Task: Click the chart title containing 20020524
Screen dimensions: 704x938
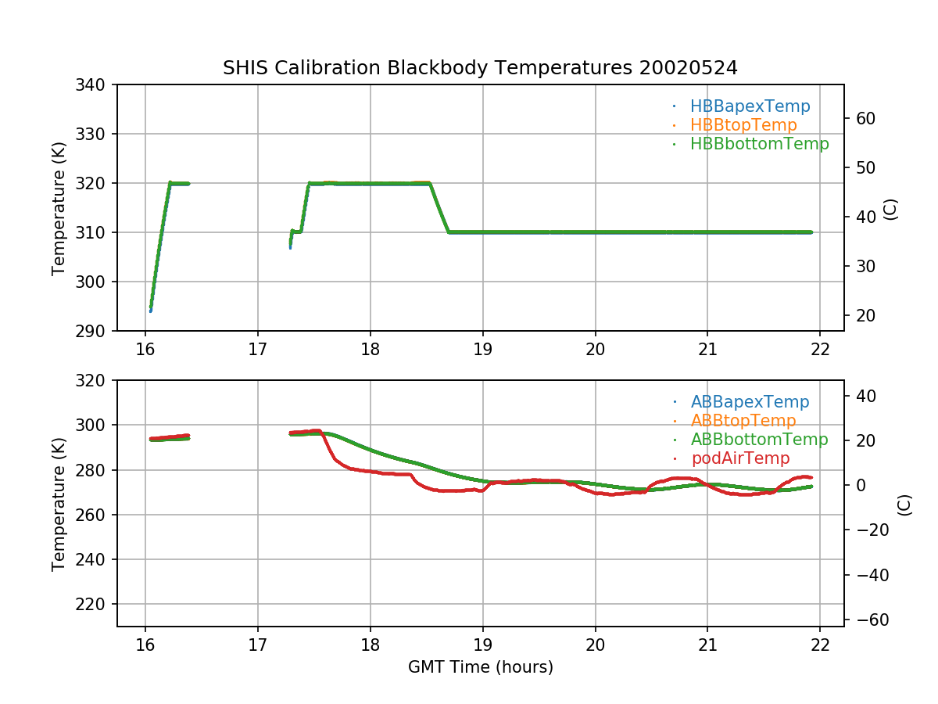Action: click(480, 68)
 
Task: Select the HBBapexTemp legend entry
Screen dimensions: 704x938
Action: click(750, 106)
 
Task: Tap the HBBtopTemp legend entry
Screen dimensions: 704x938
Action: click(743, 125)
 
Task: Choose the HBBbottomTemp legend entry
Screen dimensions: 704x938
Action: click(759, 144)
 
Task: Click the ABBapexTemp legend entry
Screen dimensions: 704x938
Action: click(750, 402)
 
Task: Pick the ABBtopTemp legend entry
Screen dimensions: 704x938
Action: click(743, 421)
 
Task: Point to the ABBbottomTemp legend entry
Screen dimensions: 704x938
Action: click(759, 440)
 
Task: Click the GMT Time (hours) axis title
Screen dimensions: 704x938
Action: click(480, 667)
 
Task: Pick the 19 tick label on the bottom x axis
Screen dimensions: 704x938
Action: click(483, 645)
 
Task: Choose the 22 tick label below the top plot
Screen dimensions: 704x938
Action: click(821, 349)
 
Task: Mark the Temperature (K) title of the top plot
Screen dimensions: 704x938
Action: click(59, 207)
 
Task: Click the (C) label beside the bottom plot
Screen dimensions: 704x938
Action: click(904, 504)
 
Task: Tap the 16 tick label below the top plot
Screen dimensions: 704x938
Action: click(145, 349)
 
